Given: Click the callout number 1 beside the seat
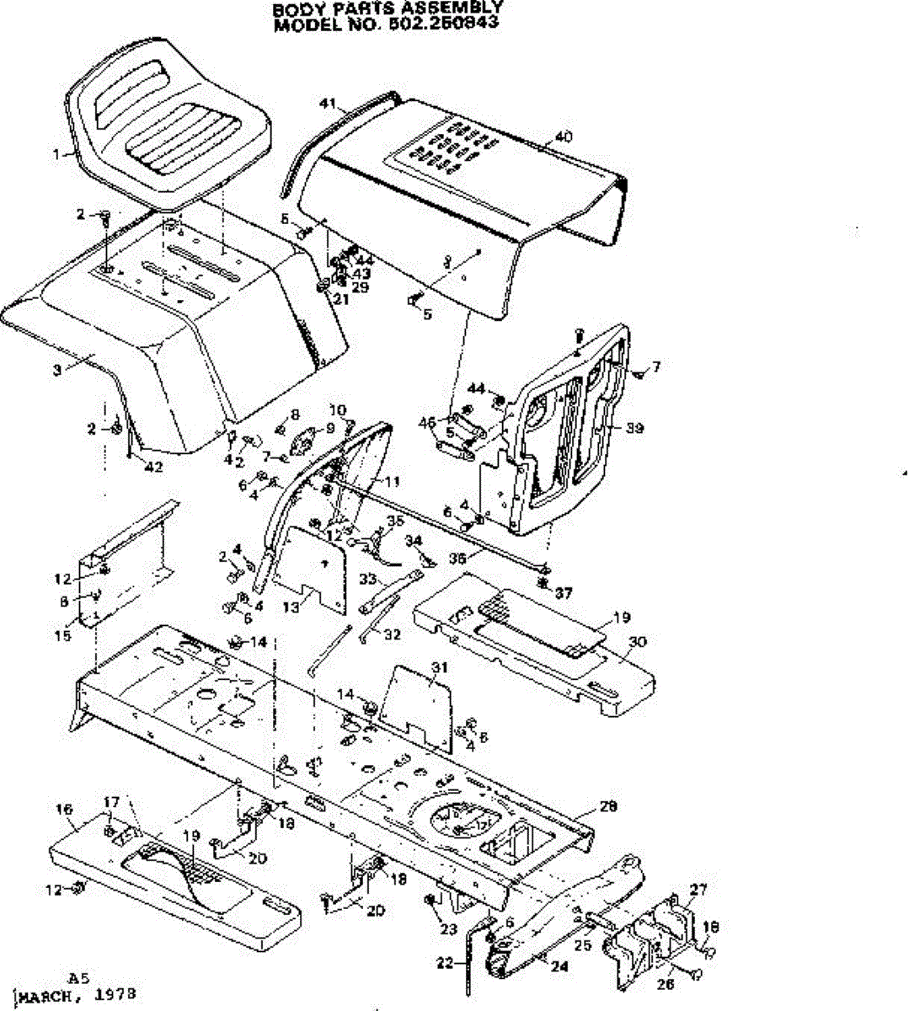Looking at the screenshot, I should pos(57,154).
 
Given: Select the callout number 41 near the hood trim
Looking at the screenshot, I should pos(329,104).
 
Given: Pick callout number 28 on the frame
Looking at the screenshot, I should pos(608,806).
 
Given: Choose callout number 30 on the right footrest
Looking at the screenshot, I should pos(637,642).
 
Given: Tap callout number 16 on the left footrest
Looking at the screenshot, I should pos(64,810).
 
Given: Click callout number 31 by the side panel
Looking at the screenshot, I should pos(438,667).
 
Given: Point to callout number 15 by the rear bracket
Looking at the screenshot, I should pos(63,636).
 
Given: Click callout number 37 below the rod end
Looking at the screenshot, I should pos(564,594).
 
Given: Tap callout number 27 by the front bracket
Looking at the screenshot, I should pos(699,889).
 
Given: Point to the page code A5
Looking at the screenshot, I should pos(79,978).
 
